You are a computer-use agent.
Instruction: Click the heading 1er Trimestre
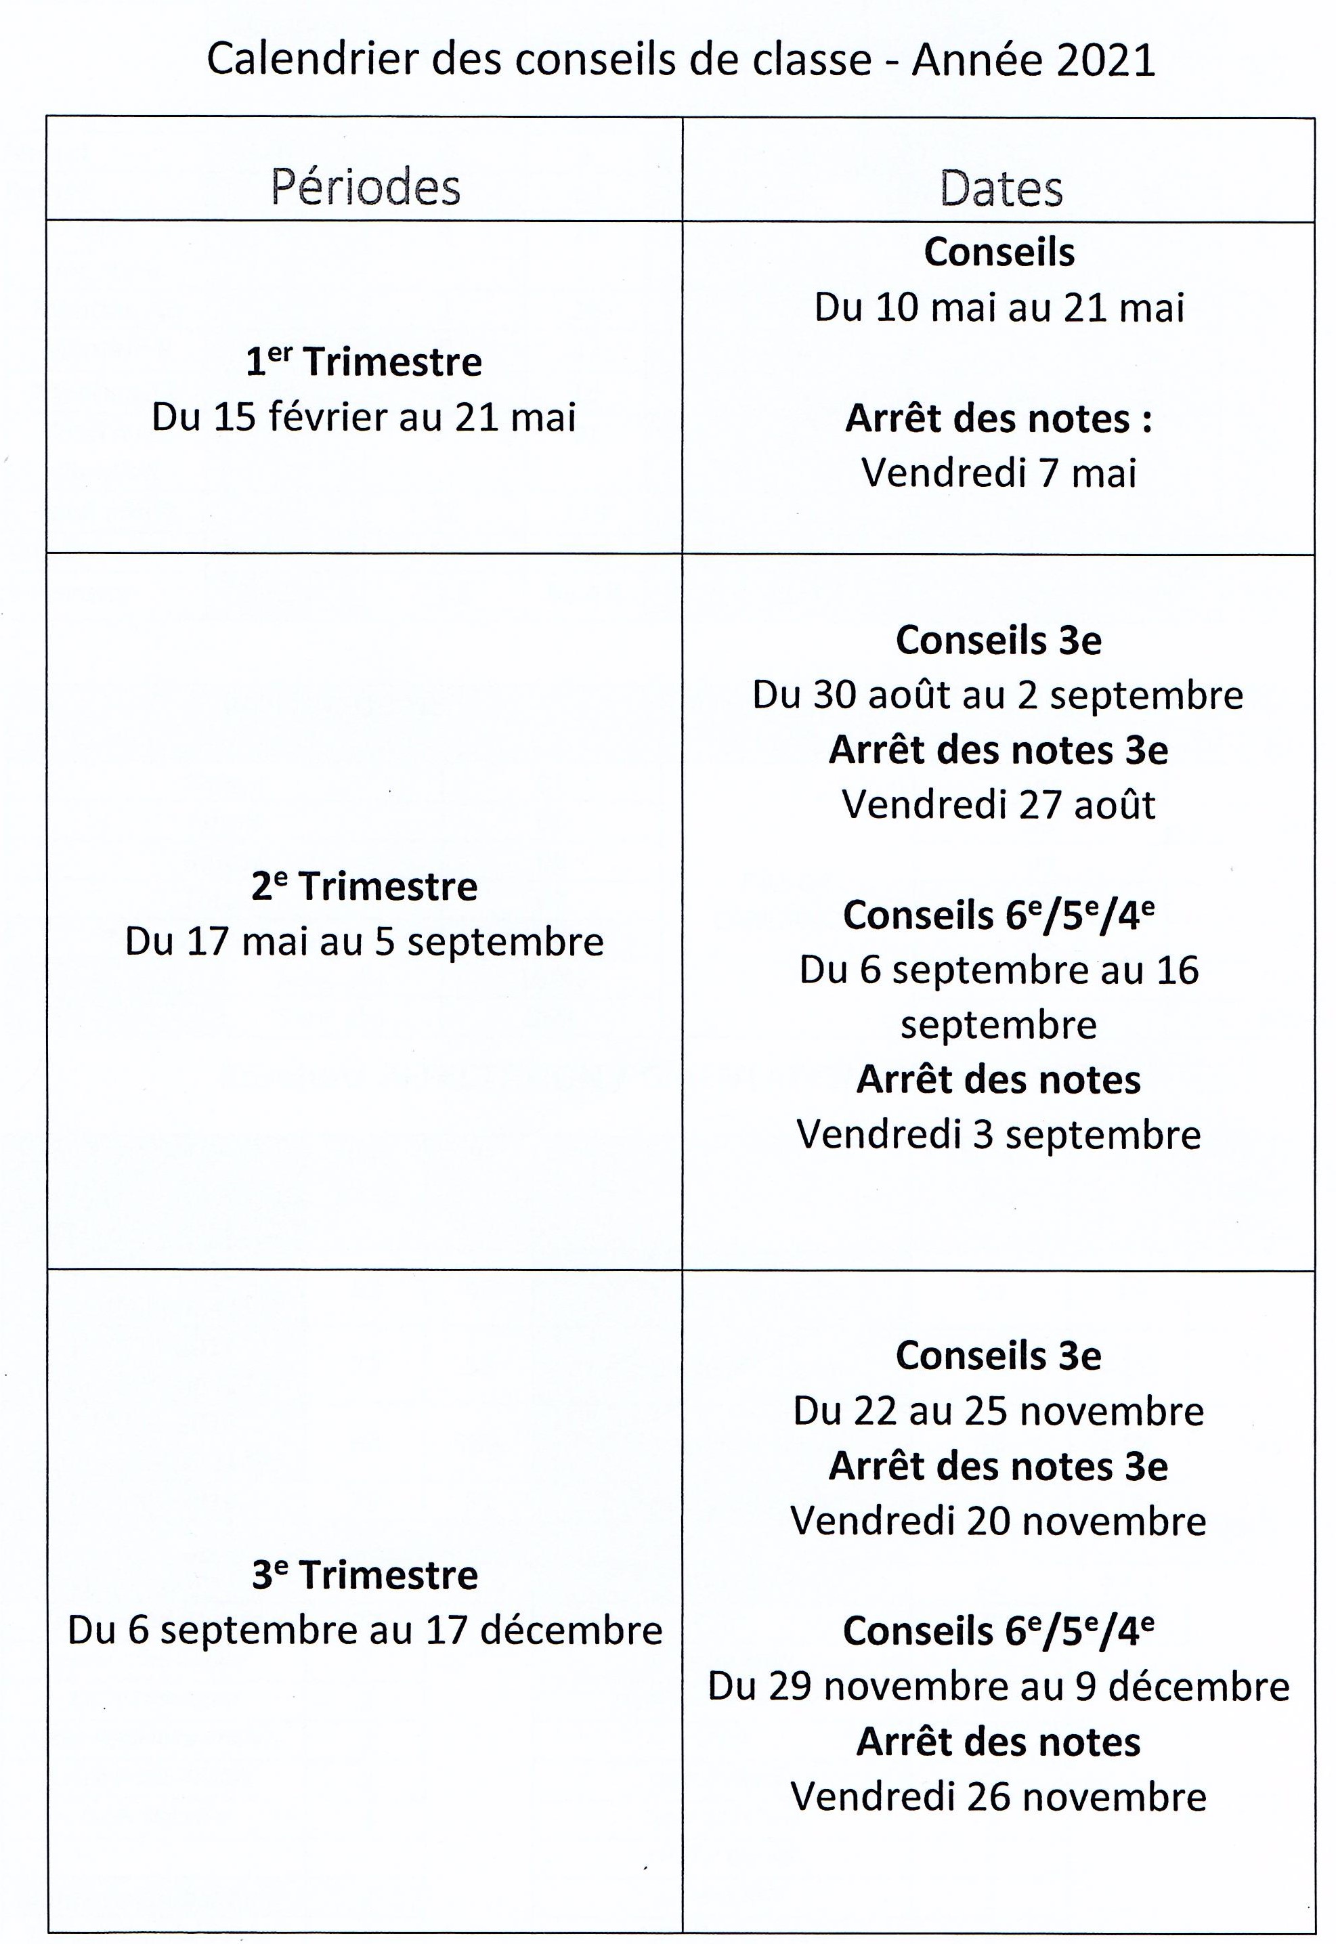pos(364,362)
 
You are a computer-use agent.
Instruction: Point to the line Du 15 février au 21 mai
pos(364,416)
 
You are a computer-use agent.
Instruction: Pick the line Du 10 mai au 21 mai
pos(999,307)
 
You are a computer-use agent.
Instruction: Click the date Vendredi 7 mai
pos(999,473)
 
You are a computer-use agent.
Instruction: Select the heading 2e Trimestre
pos(364,886)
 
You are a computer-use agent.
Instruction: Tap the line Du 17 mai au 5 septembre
pos(364,941)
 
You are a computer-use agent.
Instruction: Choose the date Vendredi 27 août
pos(998,804)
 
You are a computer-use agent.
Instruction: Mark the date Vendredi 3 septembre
pos(998,1135)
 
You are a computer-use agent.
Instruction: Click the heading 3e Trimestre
pos(364,1575)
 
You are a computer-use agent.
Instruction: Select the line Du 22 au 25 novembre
pos(998,1411)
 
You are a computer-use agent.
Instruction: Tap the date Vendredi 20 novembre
pos(998,1521)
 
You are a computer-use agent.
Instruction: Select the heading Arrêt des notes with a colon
pos(998,418)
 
